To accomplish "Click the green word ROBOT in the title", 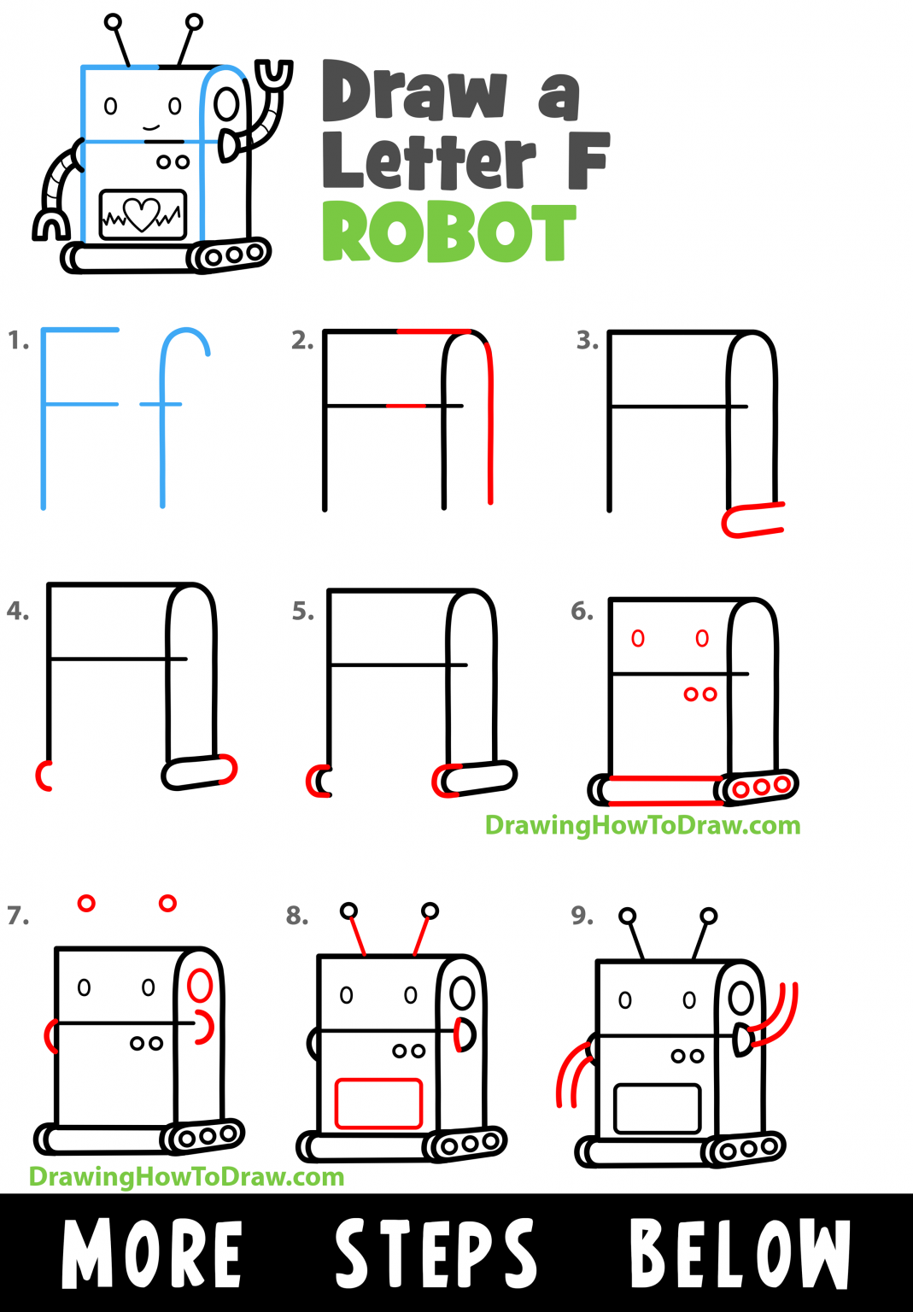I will (449, 232).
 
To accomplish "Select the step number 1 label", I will (18, 341).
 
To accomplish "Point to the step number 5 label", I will (303, 611).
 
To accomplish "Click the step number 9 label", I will (582, 916).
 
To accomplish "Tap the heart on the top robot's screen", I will (142, 214).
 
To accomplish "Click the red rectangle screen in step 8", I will (378, 1104).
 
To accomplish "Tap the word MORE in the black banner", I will (153, 1253).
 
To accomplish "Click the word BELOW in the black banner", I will (740, 1253).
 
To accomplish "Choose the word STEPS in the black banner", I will (436, 1253).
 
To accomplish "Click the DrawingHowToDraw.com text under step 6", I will (642, 825).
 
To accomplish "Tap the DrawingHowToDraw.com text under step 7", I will (186, 1177).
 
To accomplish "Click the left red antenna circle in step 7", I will (86, 903).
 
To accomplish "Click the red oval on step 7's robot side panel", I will (200, 985).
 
